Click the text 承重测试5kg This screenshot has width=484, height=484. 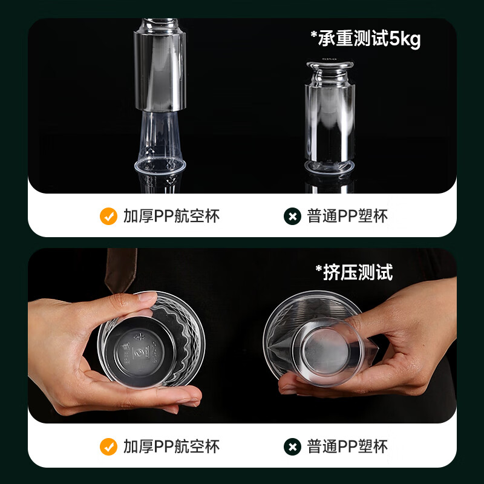click(x=365, y=39)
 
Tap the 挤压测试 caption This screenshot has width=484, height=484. click(x=354, y=272)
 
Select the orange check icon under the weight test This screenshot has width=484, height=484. click(x=108, y=216)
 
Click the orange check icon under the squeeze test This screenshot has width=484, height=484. click(x=108, y=446)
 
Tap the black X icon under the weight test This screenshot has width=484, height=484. click(x=292, y=216)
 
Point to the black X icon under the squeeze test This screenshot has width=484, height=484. click(x=292, y=446)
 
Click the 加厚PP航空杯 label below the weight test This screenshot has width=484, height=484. click(x=171, y=216)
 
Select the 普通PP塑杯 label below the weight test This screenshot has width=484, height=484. click(x=347, y=216)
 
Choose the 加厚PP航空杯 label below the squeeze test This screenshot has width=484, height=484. click(x=171, y=446)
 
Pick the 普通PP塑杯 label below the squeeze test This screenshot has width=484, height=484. click(x=347, y=446)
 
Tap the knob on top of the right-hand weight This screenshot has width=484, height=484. click(x=330, y=65)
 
